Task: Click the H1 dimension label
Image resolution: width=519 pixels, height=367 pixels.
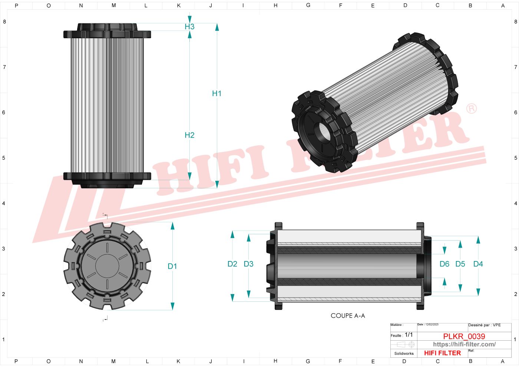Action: pyautogui.click(x=216, y=93)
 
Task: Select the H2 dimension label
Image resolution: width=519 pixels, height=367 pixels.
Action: pyautogui.click(x=189, y=135)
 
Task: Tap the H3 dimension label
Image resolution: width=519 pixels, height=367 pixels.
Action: pyautogui.click(x=189, y=27)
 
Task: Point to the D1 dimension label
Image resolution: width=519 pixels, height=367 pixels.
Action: pyautogui.click(x=172, y=266)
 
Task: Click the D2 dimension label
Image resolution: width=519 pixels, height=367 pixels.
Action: pyautogui.click(x=232, y=264)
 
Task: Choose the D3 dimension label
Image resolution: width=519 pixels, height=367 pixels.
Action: pyautogui.click(x=248, y=264)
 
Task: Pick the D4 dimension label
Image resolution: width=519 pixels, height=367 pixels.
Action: pyautogui.click(x=478, y=264)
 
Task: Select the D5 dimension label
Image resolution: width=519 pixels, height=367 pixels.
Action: pyautogui.click(x=460, y=264)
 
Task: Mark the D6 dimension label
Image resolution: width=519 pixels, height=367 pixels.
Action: pyautogui.click(x=444, y=264)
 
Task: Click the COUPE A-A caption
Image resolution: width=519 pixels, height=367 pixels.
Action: pyautogui.click(x=348, y=316)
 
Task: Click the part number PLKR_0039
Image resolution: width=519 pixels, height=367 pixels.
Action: pyautogui.click(x=464, y=336)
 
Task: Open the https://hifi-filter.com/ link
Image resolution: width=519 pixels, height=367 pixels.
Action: pyautogui.click(x=464, y=344)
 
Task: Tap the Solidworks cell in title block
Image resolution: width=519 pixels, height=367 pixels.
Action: pyautogui.click(x=404, y=353)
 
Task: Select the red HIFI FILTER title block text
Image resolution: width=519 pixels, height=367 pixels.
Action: pyautogui.click(x=442, y=353)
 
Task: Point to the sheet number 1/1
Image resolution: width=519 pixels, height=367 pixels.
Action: pyautogui.click(x=409, y=335)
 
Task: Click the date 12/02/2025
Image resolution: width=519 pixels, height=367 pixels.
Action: pyautogui.click(x=432, y=325)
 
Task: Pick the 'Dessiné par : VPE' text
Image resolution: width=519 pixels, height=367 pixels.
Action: pyautogui.click(x=484, y=325)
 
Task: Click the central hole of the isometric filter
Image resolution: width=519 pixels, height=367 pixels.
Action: pyautogui.click(x=322, y=131)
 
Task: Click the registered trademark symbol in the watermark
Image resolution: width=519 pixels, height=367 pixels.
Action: pyautogui.click(x=471, y=108)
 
